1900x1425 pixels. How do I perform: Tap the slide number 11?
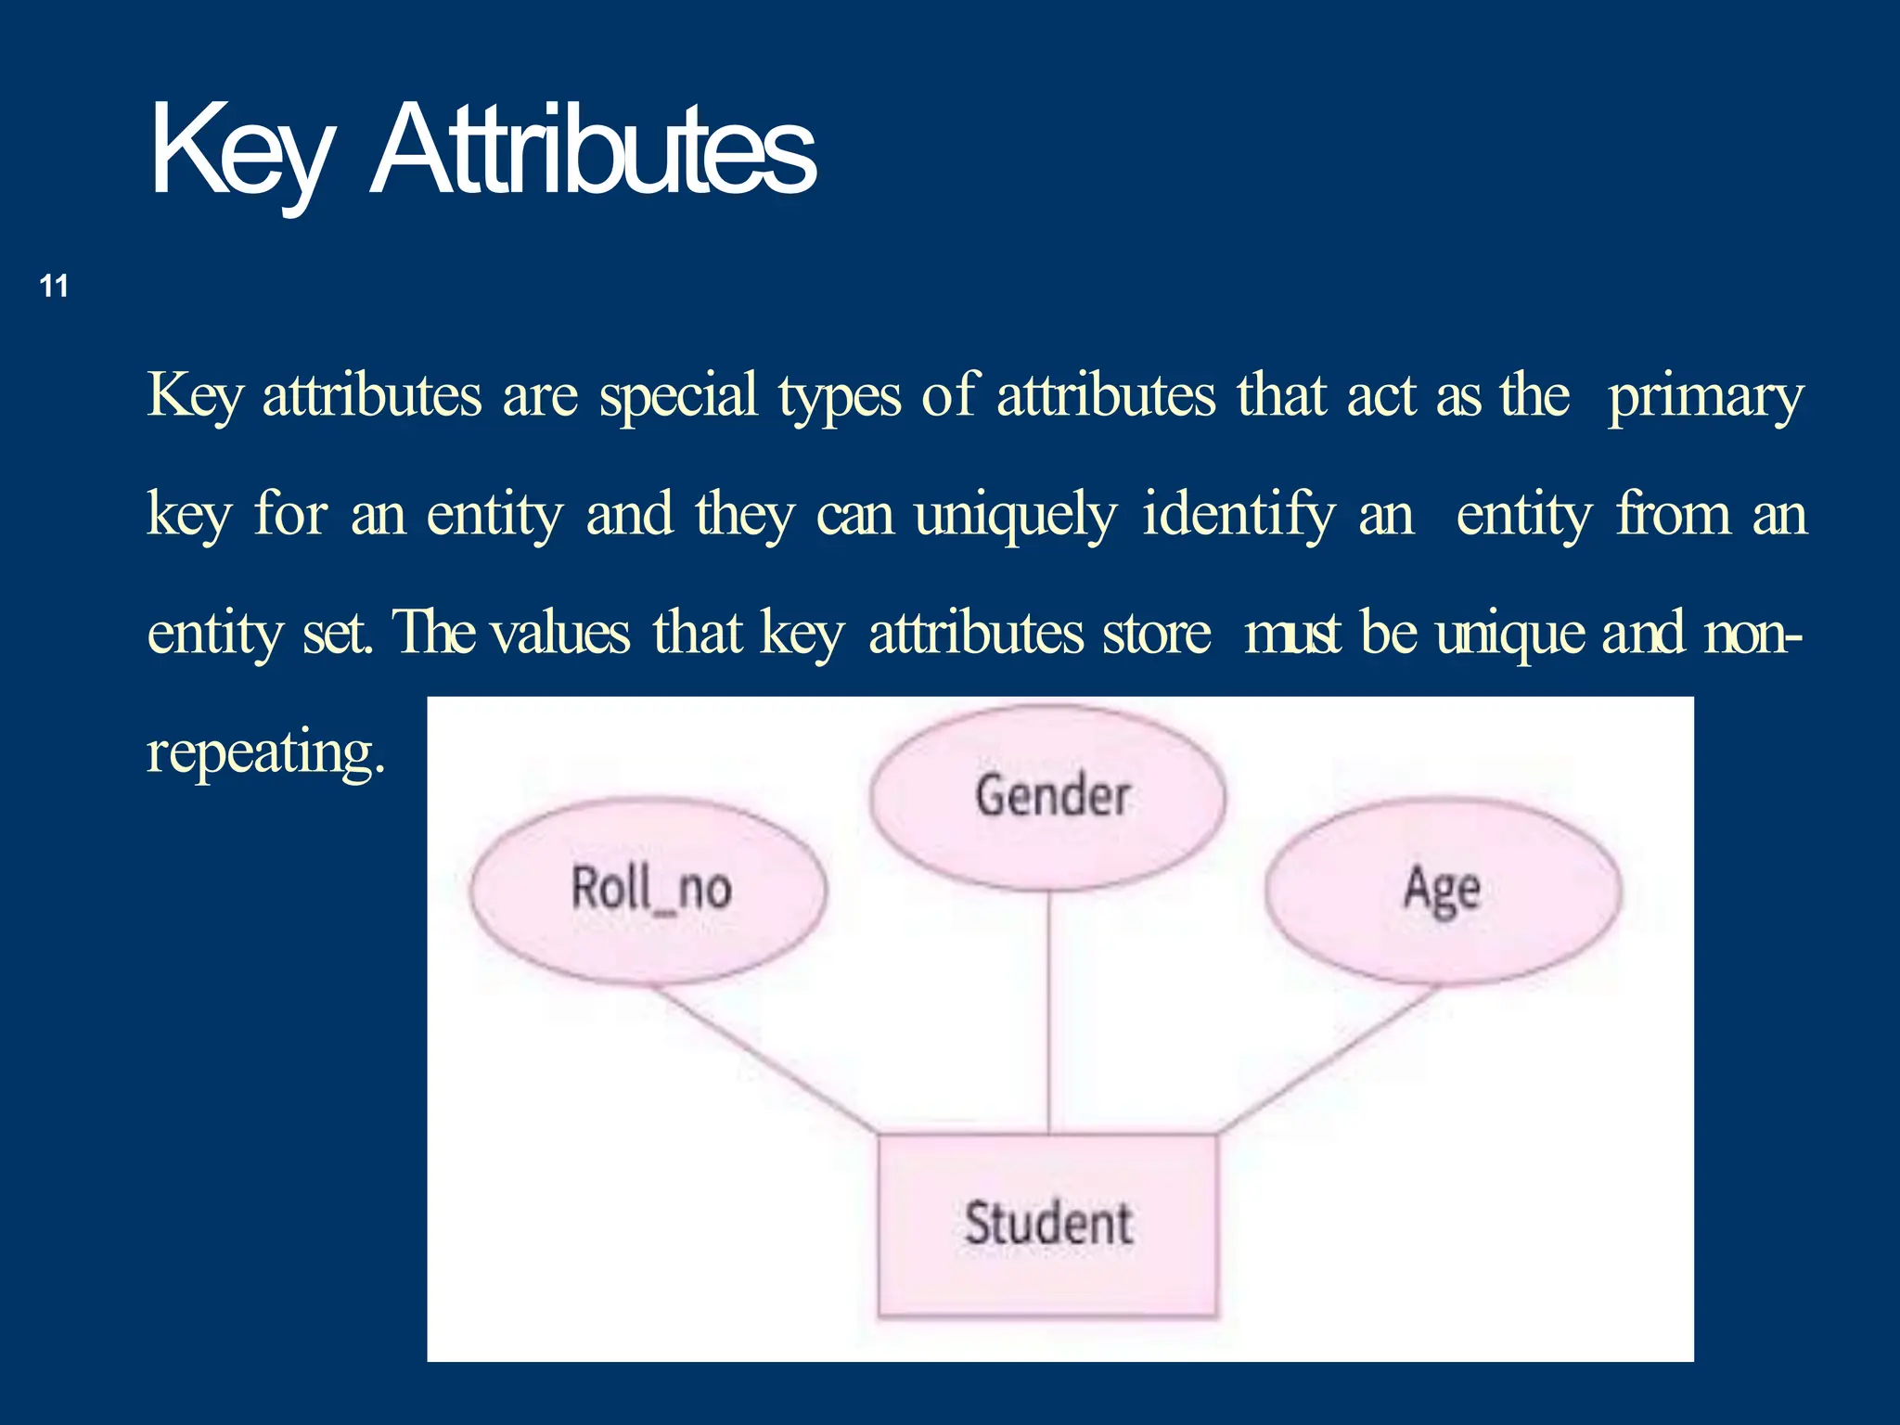[55, 286]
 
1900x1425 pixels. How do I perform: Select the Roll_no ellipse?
[648, 890]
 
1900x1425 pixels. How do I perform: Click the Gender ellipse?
[1049, 797]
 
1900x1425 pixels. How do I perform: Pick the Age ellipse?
[1443, 890]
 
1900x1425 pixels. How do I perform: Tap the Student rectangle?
[1047, 1224]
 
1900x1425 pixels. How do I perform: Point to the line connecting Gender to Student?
[1049, 1011]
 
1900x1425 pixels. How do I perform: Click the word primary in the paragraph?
[1705, 397]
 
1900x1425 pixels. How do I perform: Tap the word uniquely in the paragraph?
[1015, 516]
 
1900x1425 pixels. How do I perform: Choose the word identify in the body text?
[1239, 514]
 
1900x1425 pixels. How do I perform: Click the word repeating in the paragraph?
[264, 752]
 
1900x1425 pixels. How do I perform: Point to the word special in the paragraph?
[678, 397]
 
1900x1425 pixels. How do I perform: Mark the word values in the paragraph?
[560, 634]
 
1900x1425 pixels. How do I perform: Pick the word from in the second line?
[1673, 514]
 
